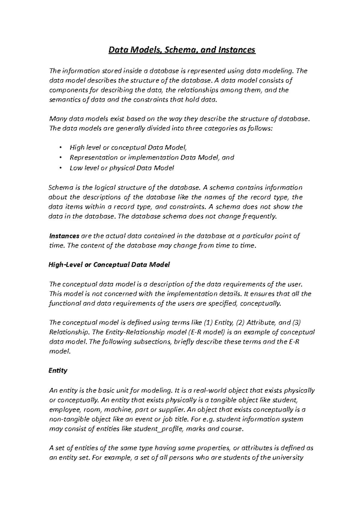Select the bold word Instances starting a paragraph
click(x=64, y=236)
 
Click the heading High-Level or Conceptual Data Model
click(x=109, y=265)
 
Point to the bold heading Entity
click(x=58, y=371)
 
